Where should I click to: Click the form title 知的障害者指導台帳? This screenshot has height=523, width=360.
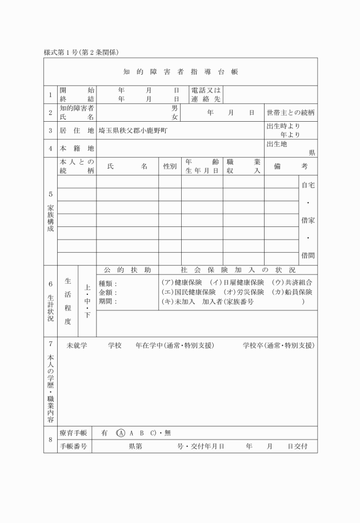point(181,72)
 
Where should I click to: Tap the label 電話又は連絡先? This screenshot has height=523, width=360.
point(206,94)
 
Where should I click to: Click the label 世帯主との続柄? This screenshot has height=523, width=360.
point(291,113)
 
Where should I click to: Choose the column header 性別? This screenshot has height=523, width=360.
point(170,166)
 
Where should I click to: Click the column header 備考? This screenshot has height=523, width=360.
point(290,166)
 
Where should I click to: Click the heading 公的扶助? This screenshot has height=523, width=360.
point(127,270)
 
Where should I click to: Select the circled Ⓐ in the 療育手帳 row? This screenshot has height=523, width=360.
point(120,433)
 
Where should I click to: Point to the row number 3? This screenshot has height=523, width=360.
point(50,130)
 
